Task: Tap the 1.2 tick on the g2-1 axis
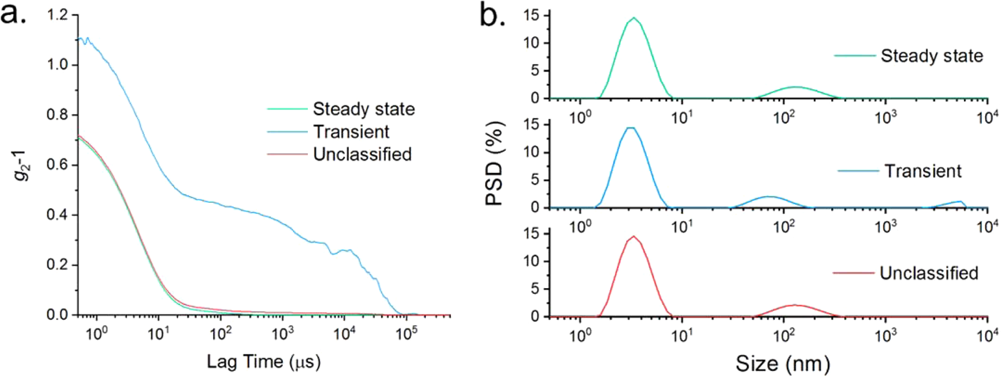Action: pyautogui.click(x=58, y=15)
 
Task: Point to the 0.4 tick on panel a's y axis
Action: pyautogui.click(x=58, y=215)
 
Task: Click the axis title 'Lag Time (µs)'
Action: pyautogui.click(x=263, y=362)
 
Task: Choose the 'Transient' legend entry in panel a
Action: pyautogui.click(x=351, y=132)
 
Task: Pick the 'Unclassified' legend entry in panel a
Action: pyautogui.click(x=362, y=154)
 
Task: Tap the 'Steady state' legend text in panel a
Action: pyautogui.click(x=363, y=109)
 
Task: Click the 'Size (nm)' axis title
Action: pyautogui.click(x=783, y=364)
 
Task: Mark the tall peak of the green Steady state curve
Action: pyautogui.click(x=633, y=18)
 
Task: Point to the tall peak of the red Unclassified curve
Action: pyautogui.click(x=633, y=236)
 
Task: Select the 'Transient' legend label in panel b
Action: pyautogui.click(x=923, y=171)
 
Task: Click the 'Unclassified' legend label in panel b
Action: pyautogui.click(x=929, y=273)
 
